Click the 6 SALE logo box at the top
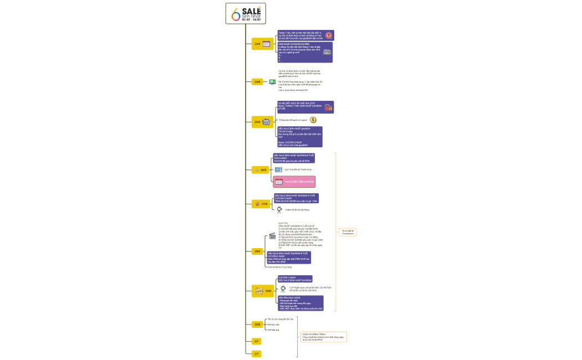(246, 13)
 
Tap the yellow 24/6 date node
(257, 82)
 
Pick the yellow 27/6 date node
(261, 204)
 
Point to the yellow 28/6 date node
(257, 251)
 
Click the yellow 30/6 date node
(257, 324)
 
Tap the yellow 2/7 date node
(257, 341)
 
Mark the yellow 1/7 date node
(257, 353)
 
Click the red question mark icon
(329, 35)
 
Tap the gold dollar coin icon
(313, 120)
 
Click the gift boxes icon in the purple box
(328, 107)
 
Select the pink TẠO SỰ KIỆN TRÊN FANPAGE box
(294, 181)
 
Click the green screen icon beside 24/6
(272, 82)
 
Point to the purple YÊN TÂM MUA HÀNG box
(300, 303)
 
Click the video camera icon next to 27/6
(279, 209)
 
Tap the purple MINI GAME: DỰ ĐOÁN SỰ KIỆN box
(305, 52)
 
